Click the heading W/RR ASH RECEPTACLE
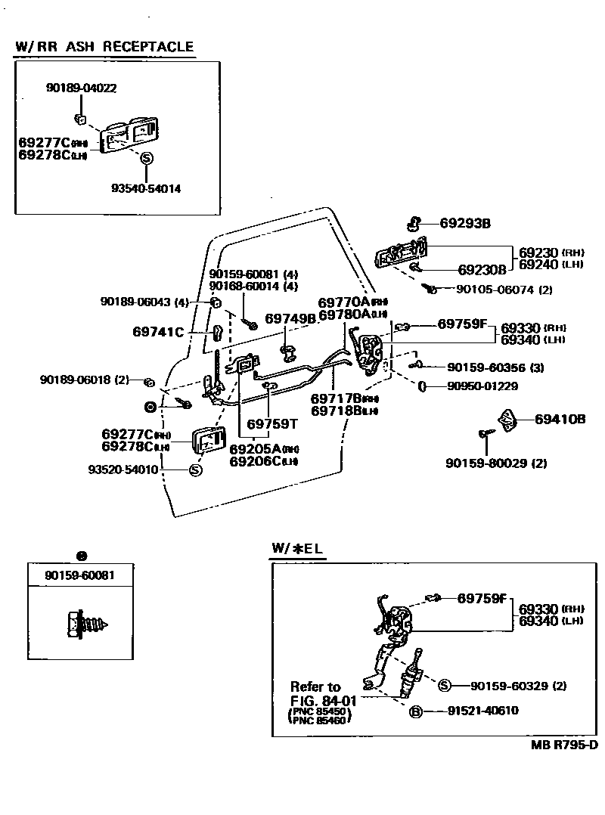click(104, 46)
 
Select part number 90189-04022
click(82, 88)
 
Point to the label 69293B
click(466, 223)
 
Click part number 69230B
click(482, 268)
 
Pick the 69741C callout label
click(159, 331)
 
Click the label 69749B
click(290, 318)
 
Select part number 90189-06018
click(76, 380)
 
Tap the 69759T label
click(270, 423)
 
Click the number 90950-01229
click(484, 386)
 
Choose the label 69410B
click(560, 419)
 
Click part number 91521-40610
click(482, 711)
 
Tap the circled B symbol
click(415, 711)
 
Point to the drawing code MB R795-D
click(564, 745)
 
